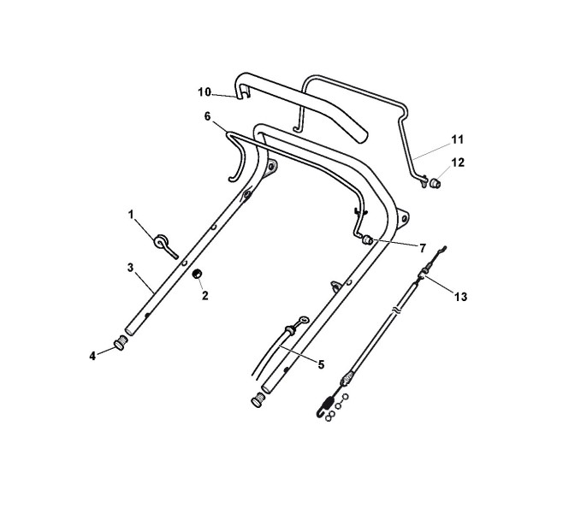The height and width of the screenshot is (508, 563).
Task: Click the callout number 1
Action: pyautogui.click(x=132, y=215)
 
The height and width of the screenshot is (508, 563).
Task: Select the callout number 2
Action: pyautogui.click(x=204, y=295)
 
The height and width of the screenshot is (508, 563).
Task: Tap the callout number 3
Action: pyautogui.click(x=131, y=268)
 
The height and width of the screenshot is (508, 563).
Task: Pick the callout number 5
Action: pyautogui.click(x=321, y=364)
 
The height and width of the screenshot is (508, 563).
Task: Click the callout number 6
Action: pyautogui.click(x=206, y=115)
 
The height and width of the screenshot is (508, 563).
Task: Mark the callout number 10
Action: pyautogui.click(x=204, y=92)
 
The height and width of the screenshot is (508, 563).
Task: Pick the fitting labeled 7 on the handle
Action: pyautogui.click(x=369, y=240)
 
